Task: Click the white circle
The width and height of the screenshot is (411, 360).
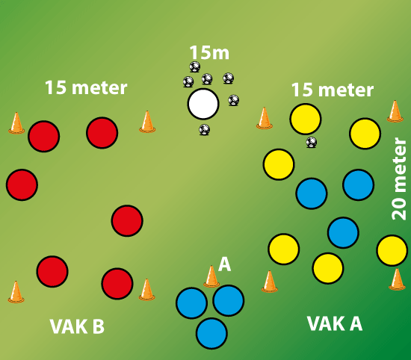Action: (x=203, y=104)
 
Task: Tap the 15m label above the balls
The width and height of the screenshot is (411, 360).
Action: (x=209, y=53)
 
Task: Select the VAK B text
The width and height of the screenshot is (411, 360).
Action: (x=77, y=326)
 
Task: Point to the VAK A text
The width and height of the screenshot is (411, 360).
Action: (x=335, y=323)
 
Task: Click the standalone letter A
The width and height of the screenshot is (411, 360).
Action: (x=225, y=264)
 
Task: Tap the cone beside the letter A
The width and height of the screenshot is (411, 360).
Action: (x=211, y=276)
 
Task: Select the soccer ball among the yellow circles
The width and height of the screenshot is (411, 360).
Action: (x=312, y=142)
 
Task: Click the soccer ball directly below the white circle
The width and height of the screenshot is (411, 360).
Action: (x=204, y=129)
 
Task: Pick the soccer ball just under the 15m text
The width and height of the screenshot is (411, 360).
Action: (x=195, y=66)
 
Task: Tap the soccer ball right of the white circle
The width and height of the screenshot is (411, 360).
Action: (x=233, y=100)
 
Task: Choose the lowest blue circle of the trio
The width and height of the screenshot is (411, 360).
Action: (x=211, y=333)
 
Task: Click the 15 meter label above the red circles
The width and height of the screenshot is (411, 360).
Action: (x=86, y=87)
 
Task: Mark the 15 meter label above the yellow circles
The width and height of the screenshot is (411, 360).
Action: (x=333, y=90)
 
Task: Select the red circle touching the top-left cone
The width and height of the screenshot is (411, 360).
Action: (x=44, y=136)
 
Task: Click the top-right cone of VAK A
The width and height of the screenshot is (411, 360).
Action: (x=395, y=111)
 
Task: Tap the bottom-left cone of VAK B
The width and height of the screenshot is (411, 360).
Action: (x=16, y=292)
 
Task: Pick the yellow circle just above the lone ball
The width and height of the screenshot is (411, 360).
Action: (x=306, y=119)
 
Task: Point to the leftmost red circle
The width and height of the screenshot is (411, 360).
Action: (x=22, y=184)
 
